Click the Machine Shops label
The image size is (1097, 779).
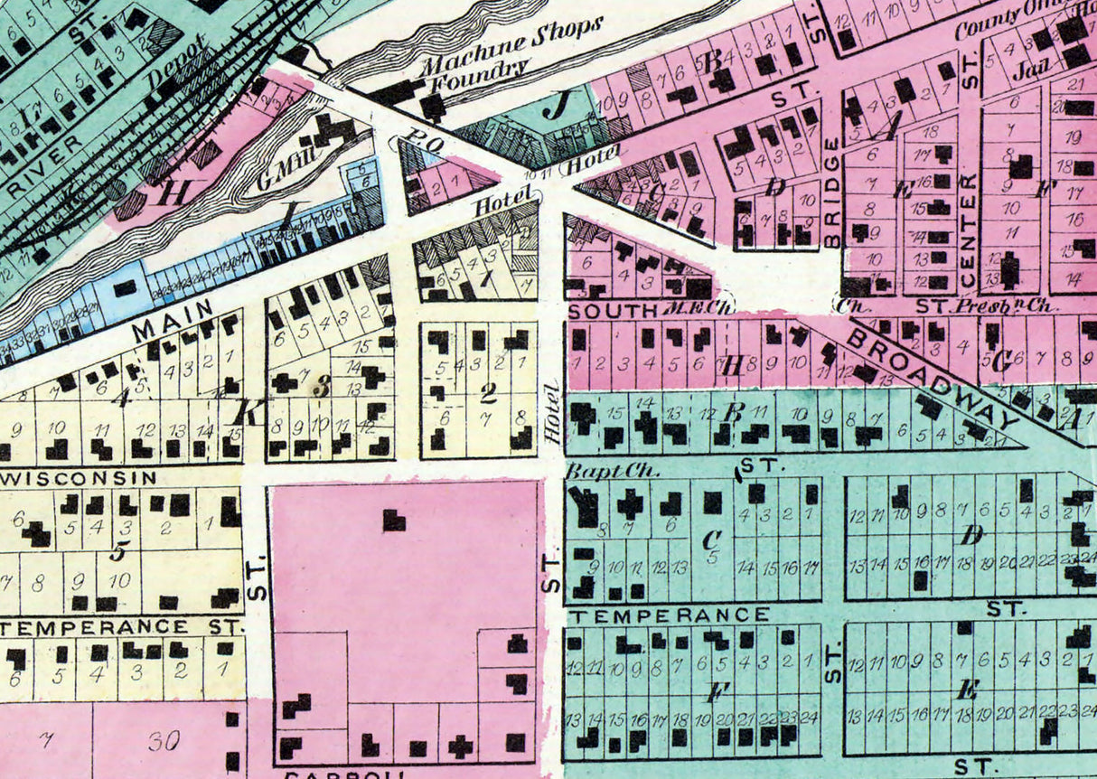511,45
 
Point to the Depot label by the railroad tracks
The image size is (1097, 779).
178,65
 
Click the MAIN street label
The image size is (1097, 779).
173,321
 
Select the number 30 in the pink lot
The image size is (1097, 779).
164,741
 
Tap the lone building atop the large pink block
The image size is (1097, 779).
394,520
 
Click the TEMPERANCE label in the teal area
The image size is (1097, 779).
669,615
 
